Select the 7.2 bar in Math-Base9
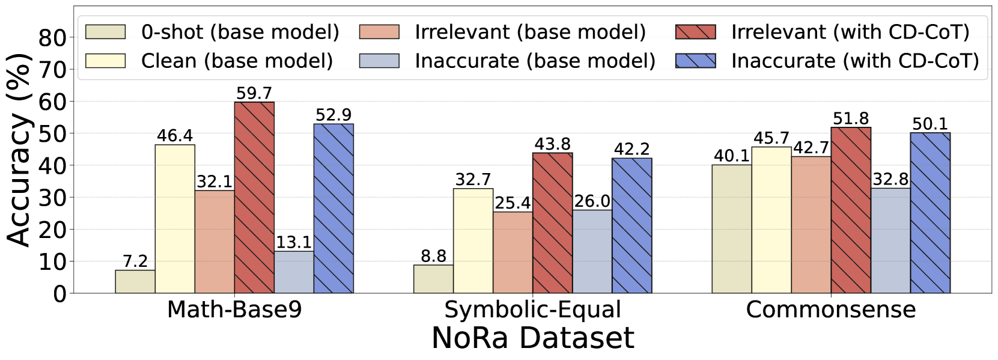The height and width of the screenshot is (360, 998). click(x=135, y=281)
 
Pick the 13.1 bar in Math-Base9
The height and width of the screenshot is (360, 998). click(x=294, y=272)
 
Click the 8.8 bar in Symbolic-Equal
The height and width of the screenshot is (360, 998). click(x=433, y=279)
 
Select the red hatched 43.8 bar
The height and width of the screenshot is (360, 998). click(x=553, y=223)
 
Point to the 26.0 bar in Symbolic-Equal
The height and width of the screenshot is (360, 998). click(x=592, y=251)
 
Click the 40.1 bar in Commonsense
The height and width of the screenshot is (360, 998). click(x=732, y=229)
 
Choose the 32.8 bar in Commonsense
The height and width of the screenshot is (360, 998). click(x=890, y=240)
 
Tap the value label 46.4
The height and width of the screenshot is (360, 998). click(x=175, y=136)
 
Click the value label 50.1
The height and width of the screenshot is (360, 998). click(x=930, y=124)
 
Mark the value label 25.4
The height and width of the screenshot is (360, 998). click(x=513, y=203)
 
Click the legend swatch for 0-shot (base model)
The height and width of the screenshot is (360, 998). click(x=106, y=32)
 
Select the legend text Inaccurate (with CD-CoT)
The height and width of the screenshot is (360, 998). click(x=855, y=61)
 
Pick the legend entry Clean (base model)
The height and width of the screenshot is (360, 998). click(x=237, y=61)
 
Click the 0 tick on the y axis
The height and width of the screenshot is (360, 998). click(x=59, y=294)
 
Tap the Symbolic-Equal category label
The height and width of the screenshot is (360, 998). click(x=532, y=310)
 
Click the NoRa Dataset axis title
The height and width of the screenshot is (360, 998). click(x=532, y=338)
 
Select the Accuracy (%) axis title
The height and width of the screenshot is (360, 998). click(x=19, y=150)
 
